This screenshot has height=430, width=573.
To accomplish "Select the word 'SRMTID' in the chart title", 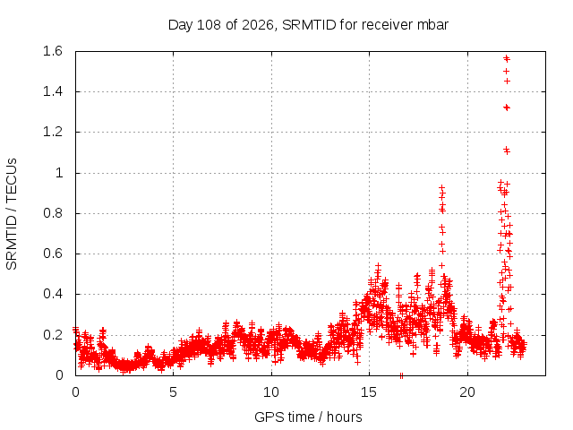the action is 309,25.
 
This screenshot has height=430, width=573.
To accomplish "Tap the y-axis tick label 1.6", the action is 53,51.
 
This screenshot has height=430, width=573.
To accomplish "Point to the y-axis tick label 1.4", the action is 53,91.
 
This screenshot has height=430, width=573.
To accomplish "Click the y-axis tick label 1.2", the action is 53,132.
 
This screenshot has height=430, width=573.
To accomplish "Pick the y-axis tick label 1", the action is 59,173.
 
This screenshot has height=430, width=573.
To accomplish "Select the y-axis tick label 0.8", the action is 53,213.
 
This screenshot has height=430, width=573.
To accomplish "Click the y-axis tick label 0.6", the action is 53,254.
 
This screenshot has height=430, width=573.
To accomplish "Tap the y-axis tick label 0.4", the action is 53,294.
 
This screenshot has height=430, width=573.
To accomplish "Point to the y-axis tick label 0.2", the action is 53,334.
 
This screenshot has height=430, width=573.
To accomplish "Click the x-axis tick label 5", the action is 173,392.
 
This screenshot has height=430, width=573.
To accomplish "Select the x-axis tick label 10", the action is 271,392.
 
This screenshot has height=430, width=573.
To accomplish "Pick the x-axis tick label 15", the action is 369,392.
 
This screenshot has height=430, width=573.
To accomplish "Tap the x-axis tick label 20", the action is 467,392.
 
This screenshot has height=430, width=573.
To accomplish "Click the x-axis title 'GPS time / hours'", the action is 308,417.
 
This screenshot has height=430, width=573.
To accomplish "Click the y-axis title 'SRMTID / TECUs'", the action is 12,214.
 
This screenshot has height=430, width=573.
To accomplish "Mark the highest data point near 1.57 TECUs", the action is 506,57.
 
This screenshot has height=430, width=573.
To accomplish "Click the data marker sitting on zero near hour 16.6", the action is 401,375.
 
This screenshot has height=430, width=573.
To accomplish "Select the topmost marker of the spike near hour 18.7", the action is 441,187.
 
